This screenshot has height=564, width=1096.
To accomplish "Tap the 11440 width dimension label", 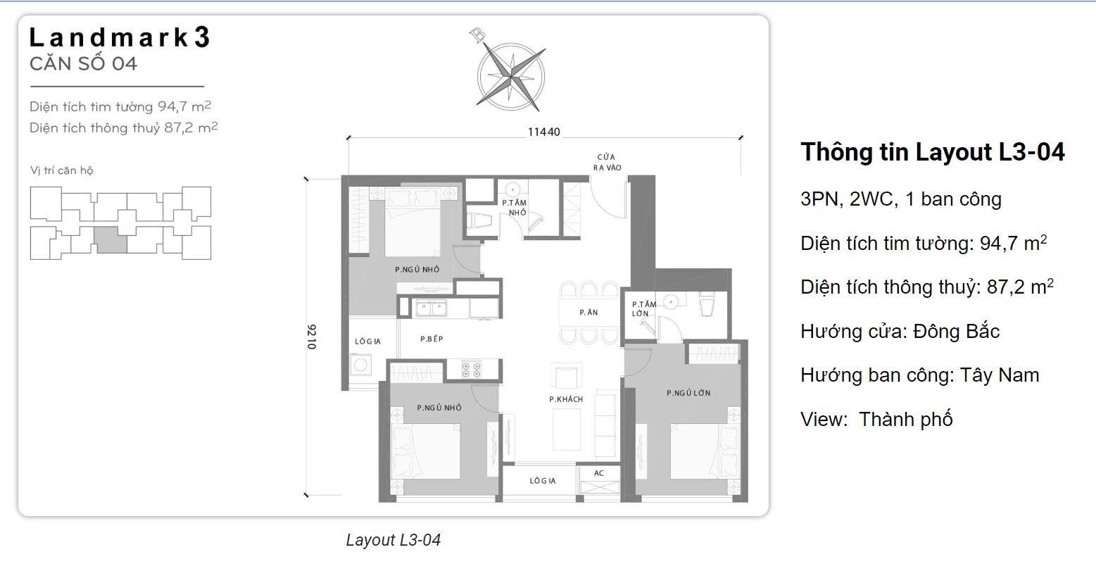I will click(x=544, y=132).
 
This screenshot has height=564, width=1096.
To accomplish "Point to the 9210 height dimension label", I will click(x=312, y=337).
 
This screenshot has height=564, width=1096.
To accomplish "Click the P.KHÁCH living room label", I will click(x=566, y=399).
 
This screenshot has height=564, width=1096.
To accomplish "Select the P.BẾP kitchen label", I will click(x=432, y=339).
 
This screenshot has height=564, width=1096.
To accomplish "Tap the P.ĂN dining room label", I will click(x=588, y=312).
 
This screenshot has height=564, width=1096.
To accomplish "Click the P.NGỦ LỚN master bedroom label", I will click(x=688, y=393).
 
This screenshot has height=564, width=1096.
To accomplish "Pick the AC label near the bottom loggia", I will click(x=598, y=473).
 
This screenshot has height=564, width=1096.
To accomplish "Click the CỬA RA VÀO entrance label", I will click(x=606, y=162).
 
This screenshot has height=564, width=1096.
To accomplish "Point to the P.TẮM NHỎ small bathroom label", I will click(x=515, y=207).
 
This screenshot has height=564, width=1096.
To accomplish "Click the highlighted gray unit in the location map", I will click(x=111, y=239).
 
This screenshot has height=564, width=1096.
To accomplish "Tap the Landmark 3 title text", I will click(x=120, y=38).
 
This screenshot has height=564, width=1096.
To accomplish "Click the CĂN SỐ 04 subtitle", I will click(x=83, y=63).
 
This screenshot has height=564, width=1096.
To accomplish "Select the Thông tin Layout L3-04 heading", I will click(x=932, y=152).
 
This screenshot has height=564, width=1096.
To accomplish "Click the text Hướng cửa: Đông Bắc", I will click(x=900, y=331).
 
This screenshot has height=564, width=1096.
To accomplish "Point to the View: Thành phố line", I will click(x=876, y=419).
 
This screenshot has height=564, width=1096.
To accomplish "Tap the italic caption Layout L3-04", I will click(x=393, y=540).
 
